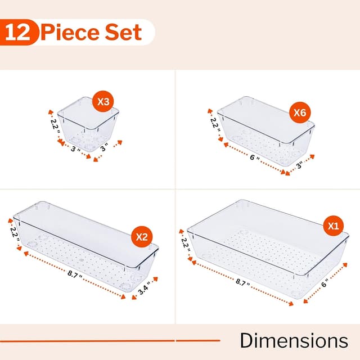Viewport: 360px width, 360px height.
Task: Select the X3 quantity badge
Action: click(x=103, y=102)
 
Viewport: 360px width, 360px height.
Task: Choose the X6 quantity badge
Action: click(x=299, y=112)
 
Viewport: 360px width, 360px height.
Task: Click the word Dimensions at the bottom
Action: click(x=294, y=340)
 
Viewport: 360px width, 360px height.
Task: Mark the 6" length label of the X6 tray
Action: click(x=256, y=159)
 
